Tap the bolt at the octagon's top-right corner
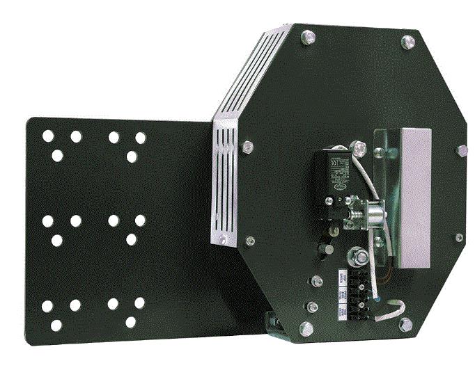(x=405, y=42)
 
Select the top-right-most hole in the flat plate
(x=141, y=138)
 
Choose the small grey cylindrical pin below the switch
(x=322, y=248)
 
